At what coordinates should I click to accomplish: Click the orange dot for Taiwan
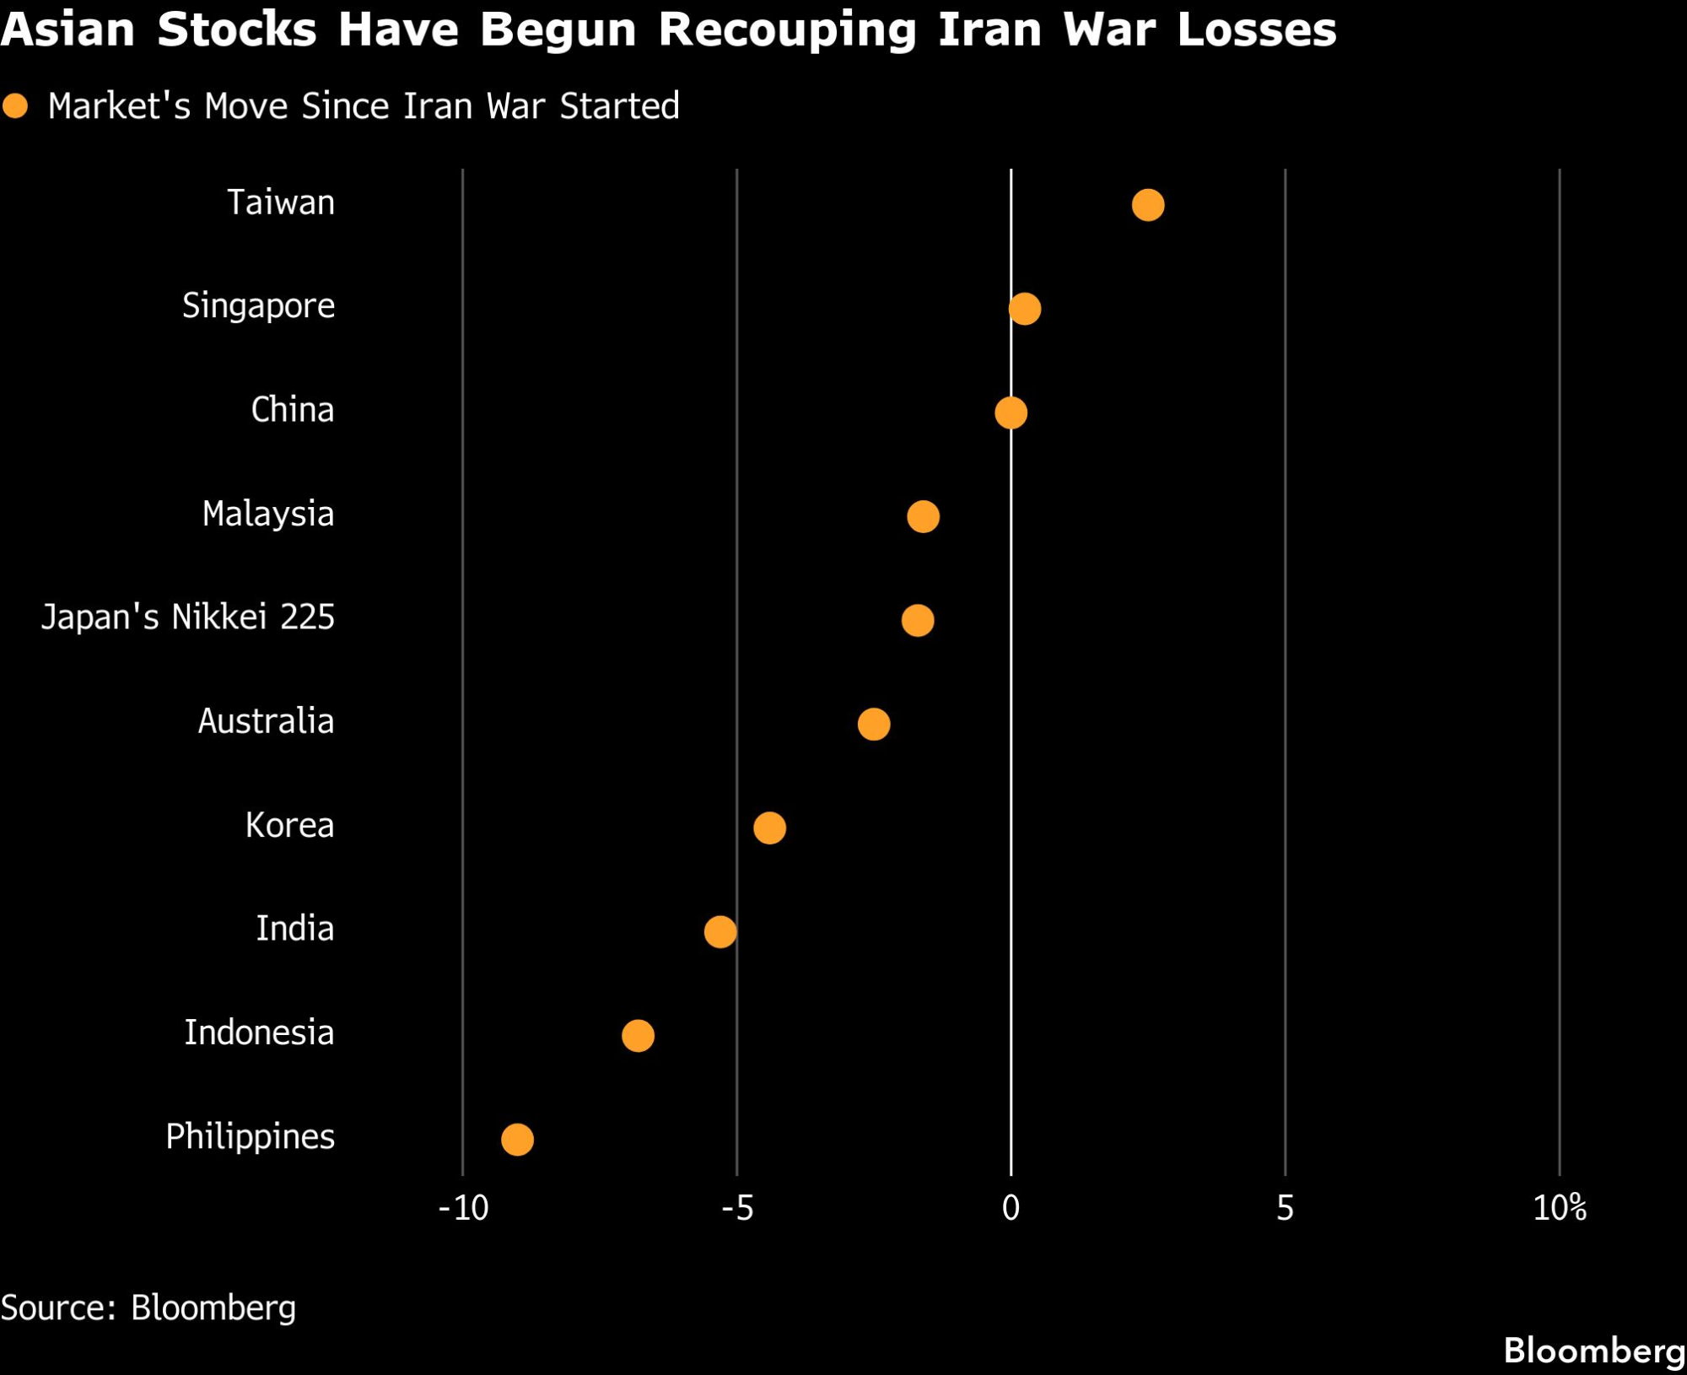(x=1148, y=205)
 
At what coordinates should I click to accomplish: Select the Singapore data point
(x=1024, y=309)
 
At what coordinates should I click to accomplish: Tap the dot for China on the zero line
(x=1011, y=412)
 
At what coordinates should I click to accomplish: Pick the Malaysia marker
(x=923, y=516)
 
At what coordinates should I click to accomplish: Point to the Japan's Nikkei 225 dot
(x=918, y=620)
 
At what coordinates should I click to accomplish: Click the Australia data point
(x=874, y=724)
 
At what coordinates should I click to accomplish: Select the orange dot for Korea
(x=769, y=828)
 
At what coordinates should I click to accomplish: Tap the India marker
(x=720, y=931)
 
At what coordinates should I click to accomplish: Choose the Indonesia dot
(x=638, y=1035)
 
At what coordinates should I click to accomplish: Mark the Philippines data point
(x=517, y=1140)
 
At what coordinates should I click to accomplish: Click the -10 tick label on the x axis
(x=463, y=1209)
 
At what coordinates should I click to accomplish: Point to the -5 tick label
(x=737, y=1209)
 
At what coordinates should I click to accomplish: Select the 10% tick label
(x=1560, y=1209)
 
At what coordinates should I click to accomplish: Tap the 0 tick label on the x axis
(x=1011, y=1209)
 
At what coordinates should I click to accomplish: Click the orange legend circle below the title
(x=15, y=106)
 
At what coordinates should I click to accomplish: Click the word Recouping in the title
(x=787, y=30)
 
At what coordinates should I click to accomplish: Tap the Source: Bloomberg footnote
(x=148, y=1308)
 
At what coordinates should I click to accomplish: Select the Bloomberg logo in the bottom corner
(x=1593, y=1351)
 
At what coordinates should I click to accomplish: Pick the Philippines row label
(x=250, y=1137)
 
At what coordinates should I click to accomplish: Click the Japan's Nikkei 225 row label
(x=188, y=617)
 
